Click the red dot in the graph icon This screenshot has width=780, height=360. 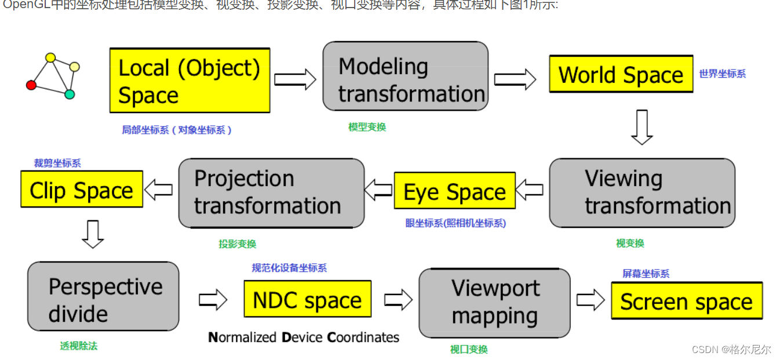[31, 85]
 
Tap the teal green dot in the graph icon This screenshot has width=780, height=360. [70, 94]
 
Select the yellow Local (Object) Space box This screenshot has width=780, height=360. [189, 81]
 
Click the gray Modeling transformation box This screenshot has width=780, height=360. [405, 77]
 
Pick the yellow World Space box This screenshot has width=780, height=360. [621, 74]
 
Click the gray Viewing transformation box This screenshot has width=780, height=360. [642, 193]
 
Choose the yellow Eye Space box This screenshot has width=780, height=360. [454, 191]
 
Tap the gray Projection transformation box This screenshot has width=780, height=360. [271, 193]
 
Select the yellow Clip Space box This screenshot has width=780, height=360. [81, 190]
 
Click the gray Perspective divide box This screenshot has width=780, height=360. [103, 296]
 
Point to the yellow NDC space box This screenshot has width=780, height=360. [307, 299]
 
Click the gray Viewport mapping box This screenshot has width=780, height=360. [494, 303]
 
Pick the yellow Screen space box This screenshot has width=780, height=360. [686, 301]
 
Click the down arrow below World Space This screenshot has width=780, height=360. [642, 127]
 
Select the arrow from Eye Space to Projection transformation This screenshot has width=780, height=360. [378, 190]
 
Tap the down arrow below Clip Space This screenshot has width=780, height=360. [93, 234]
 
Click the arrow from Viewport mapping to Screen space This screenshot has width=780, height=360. [591, 300]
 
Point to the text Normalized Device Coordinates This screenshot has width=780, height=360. [304, 337]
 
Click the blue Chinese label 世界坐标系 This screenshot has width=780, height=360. [722, 74]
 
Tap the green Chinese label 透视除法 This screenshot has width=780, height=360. [79, 346]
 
